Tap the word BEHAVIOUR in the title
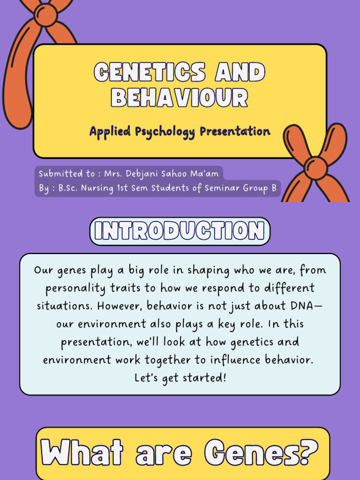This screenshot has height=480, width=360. (180, 97)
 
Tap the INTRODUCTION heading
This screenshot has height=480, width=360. (180, 231)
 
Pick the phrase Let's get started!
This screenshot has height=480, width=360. (180, 377)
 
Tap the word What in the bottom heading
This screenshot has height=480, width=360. (82, 453)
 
